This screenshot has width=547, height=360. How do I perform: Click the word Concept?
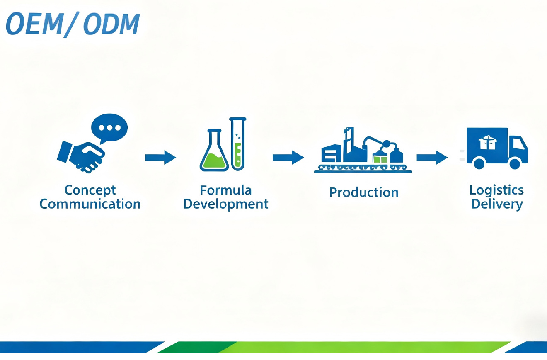tap(90, 190)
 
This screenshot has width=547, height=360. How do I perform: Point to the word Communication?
tap(90, 204)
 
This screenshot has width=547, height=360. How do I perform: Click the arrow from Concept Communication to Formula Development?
tap(160, 157)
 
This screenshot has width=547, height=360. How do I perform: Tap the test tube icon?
tap(238, 144)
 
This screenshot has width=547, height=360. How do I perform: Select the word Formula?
tap(225, 190)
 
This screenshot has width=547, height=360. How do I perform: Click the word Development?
tap(225, 204)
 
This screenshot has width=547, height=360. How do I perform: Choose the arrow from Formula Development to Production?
tap(288, 157)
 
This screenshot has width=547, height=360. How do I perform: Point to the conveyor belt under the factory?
tap(363, 168)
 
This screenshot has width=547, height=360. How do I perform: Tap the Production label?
tap(363, 192)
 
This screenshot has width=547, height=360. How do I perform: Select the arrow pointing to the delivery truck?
tap(432, 157)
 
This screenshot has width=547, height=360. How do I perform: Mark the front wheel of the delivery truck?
tap(514, 163)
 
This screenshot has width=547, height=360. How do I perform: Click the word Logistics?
tap(496, 190)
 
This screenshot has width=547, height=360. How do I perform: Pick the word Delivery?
tap(496, 204)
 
